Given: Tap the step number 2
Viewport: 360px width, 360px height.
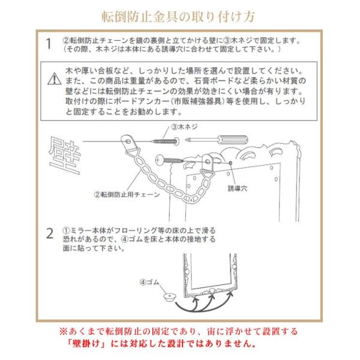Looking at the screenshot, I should [x=49, y=233].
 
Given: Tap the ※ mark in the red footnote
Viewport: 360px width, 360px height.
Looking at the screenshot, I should [x=63, y=331].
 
